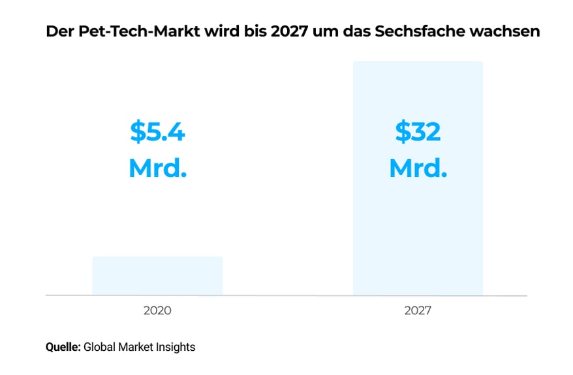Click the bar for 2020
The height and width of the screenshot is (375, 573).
coord(157,275)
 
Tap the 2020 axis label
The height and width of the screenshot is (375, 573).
coord(157,311)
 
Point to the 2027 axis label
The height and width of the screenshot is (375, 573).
coord(418,311)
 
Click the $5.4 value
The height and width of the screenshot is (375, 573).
coord(157,132)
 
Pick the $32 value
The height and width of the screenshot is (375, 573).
coord(418,132)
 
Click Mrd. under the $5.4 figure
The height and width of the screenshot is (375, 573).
coord(157,169)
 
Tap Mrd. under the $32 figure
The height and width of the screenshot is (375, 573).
coord(418,169)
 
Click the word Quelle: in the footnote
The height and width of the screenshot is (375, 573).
coord(63,347)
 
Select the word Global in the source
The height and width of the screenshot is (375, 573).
coord(99,347)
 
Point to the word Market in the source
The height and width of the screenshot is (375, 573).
coord(137,347)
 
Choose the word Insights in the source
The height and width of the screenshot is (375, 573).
coord(176,347)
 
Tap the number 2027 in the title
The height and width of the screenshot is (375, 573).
coord(275,31)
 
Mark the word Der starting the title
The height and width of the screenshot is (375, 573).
coord(57,31)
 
